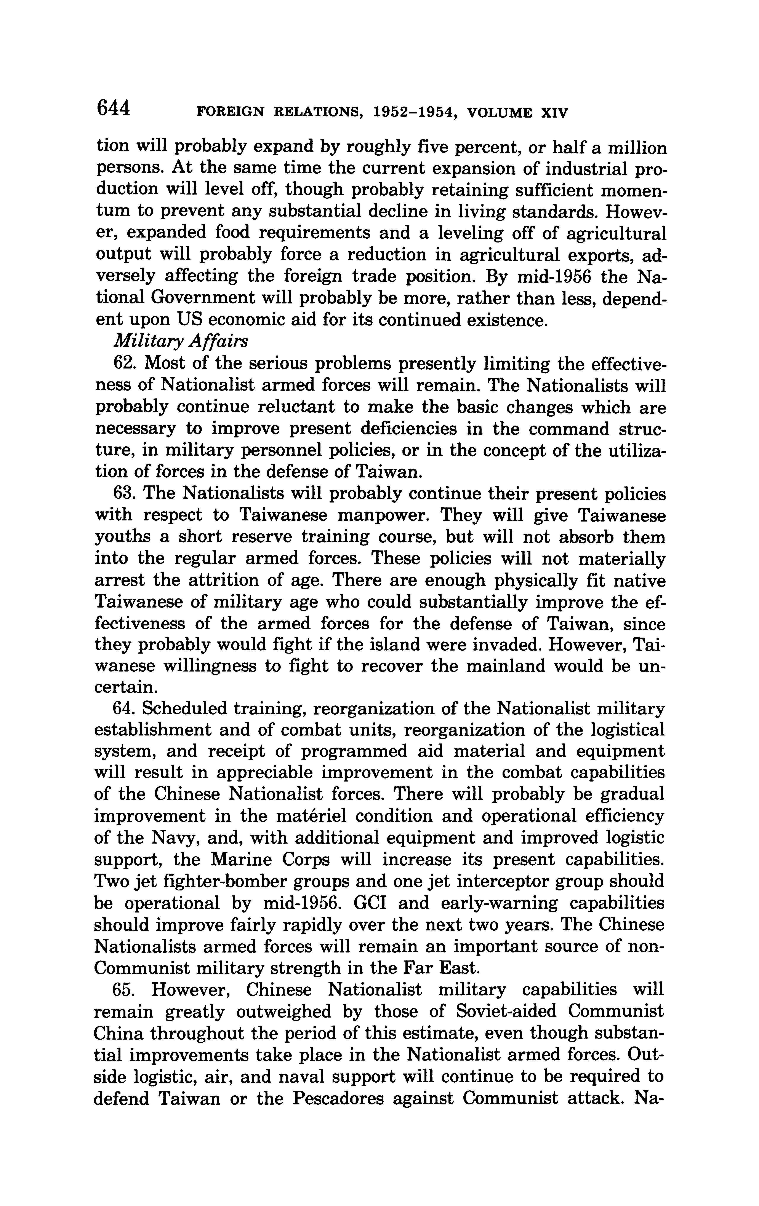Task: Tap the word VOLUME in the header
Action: [x=499, y=113]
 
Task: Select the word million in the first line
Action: [x=633, y=148]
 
